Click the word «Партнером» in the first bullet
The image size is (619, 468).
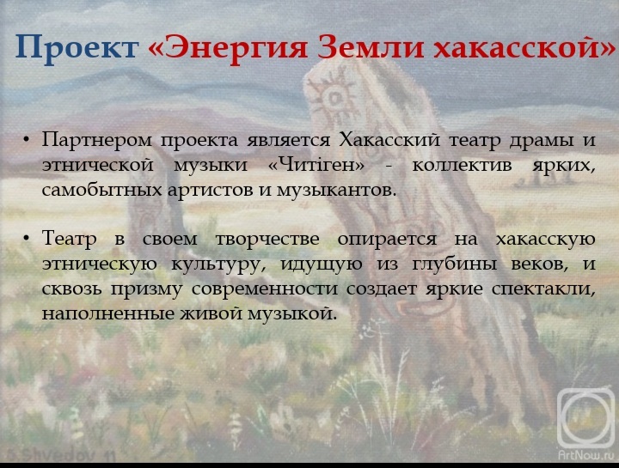(96, 140)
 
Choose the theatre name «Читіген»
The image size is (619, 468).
(316, 165)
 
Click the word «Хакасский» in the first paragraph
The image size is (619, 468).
(389, 140)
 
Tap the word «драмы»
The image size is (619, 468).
(542, 141)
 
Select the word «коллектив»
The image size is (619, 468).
(463, 166)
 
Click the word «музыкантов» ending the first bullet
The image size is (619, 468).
(335, 190)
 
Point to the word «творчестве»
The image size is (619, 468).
(267, 240)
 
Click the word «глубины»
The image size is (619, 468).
(454, 264)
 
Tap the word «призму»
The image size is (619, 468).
(146, 289)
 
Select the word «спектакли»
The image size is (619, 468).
(543, 289)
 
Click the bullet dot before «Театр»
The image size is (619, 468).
(27, 239)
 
